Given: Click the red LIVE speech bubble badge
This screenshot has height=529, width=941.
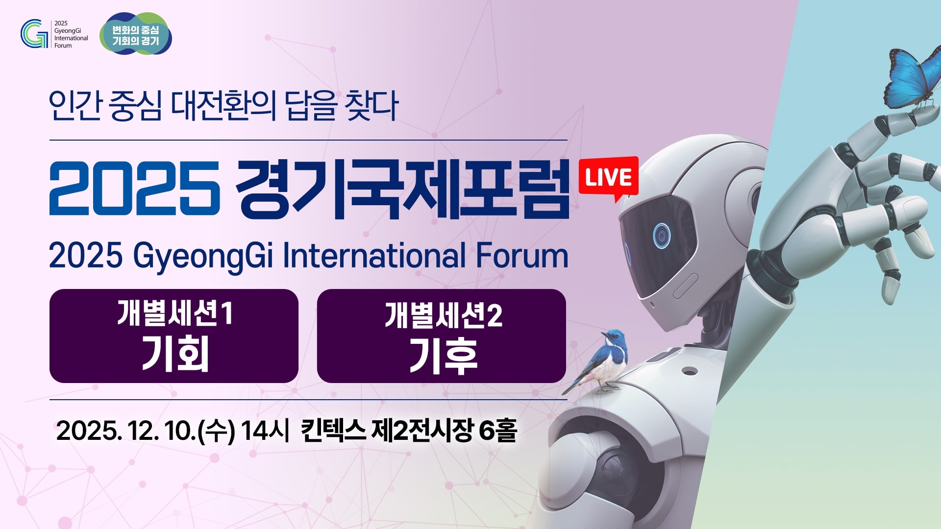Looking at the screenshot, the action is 608,178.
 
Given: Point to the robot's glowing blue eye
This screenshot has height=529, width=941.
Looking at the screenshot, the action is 661,236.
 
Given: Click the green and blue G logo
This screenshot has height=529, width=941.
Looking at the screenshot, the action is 34,34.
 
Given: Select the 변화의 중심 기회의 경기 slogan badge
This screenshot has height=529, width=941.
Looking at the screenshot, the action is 136,33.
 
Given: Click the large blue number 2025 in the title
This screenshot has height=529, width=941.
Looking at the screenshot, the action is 135,188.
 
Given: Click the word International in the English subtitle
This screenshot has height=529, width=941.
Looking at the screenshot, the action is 374,255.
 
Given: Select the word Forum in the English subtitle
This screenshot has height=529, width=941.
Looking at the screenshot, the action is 522,256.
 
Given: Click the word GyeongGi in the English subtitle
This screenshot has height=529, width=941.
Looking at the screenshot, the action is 203,257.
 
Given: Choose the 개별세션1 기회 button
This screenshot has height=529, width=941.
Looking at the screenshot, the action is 174,336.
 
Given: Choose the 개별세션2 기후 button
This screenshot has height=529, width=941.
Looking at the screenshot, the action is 442,336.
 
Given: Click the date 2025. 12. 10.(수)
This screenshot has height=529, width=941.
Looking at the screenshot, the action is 146,431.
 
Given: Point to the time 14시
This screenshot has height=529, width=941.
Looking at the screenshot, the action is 265,431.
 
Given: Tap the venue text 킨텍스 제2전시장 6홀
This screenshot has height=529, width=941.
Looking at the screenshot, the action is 409,431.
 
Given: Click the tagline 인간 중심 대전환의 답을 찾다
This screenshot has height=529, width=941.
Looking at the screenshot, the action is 223,106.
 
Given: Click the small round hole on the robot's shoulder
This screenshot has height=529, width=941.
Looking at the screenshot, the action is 690,371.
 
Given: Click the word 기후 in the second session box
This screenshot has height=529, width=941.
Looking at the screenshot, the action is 443,357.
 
